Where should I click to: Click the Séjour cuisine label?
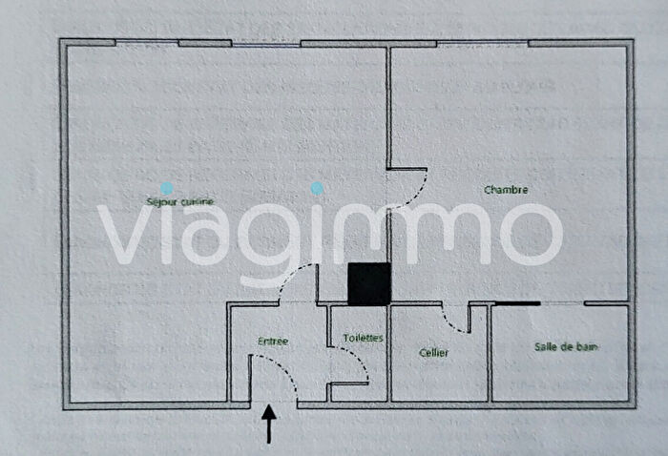pyautogui.click(x=179, y=200)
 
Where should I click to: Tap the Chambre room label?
pyautogui.click(x=506, y=190)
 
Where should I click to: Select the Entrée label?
pyautogui.click(x=273, y=341)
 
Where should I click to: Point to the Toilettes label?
pyautogui.click(x=363, y=338)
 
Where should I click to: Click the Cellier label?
pyautogui.click(x=433, y=352)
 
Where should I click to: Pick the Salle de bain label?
pyautogui.click(x=566, y=346)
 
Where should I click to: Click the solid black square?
pyautogui.click(x=369, y=283)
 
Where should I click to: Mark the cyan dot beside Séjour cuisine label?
pyautogui.click(x=167, y=189)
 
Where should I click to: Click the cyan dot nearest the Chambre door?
pyautogui.click(x=318, y=189)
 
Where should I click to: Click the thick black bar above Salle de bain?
pyautogui.click(x=517, y=303)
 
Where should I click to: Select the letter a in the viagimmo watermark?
pyautogui.click(x=199, y=234)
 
